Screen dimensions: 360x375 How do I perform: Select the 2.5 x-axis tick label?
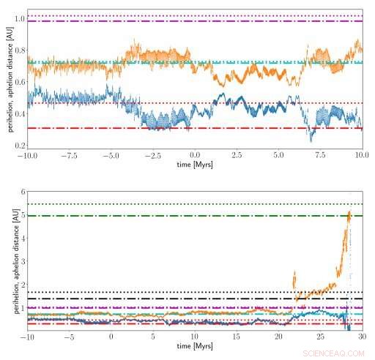(237, 156)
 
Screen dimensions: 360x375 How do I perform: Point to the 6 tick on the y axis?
(22, 192)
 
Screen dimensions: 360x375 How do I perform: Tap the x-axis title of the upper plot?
(196, 165)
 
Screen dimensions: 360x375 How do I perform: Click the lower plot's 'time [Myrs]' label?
(196, 347)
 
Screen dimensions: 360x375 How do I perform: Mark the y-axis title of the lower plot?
(8, 260)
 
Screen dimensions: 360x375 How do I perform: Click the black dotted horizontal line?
(146, 292)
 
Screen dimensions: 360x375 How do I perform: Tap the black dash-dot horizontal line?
(146, 299)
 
